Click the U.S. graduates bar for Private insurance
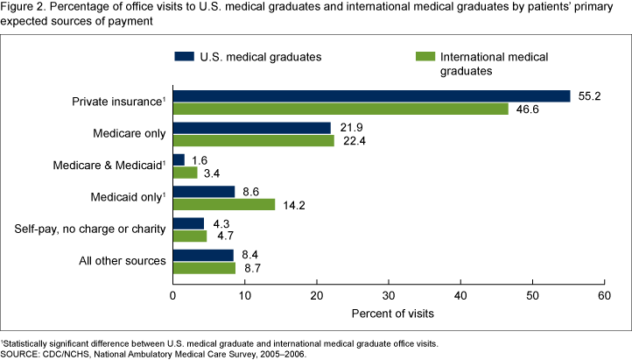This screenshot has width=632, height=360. click(371, 95)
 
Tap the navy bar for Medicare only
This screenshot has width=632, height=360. click(252, 128)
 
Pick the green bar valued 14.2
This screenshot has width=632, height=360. click(224, 205)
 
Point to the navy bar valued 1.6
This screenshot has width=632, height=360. click(179, 159)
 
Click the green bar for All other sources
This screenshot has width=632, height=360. click(204, 268)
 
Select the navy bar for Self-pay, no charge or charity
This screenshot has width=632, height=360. click(188, 223)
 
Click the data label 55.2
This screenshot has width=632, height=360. click(587, 95)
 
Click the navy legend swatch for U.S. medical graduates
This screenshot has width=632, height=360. click(183, 57)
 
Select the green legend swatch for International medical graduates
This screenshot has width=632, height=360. click(422, 57)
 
